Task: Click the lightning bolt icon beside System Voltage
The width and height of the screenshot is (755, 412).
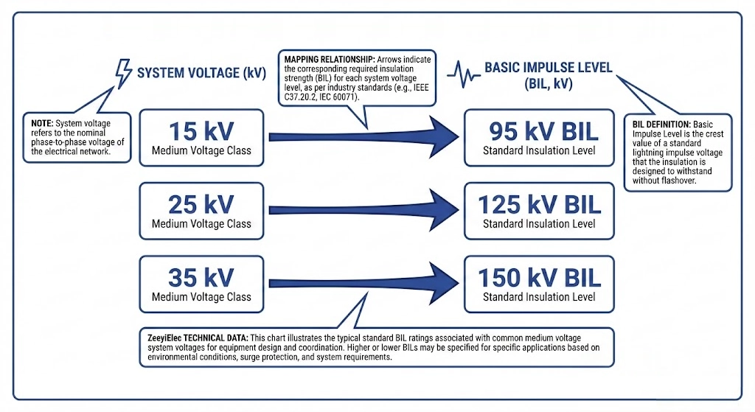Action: point(122,72)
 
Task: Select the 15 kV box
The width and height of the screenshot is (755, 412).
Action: point(201,137)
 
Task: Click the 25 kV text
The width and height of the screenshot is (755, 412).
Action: point(201,203)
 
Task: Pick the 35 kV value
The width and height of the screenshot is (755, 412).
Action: point(201,276)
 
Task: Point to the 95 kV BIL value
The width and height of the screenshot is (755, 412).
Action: point(539,131)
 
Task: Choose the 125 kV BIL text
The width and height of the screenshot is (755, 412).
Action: point(539,203)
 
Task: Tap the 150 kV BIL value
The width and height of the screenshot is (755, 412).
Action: point(539,277)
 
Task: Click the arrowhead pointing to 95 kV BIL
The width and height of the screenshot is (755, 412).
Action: point(438,136)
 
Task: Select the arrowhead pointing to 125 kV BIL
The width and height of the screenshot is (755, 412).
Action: point(438,209)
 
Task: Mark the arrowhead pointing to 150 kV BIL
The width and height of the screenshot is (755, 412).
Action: point(438,282)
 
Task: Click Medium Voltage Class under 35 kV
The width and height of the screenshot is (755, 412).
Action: point(201,297)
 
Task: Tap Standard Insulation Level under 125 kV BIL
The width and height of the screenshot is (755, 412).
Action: point(539,223)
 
